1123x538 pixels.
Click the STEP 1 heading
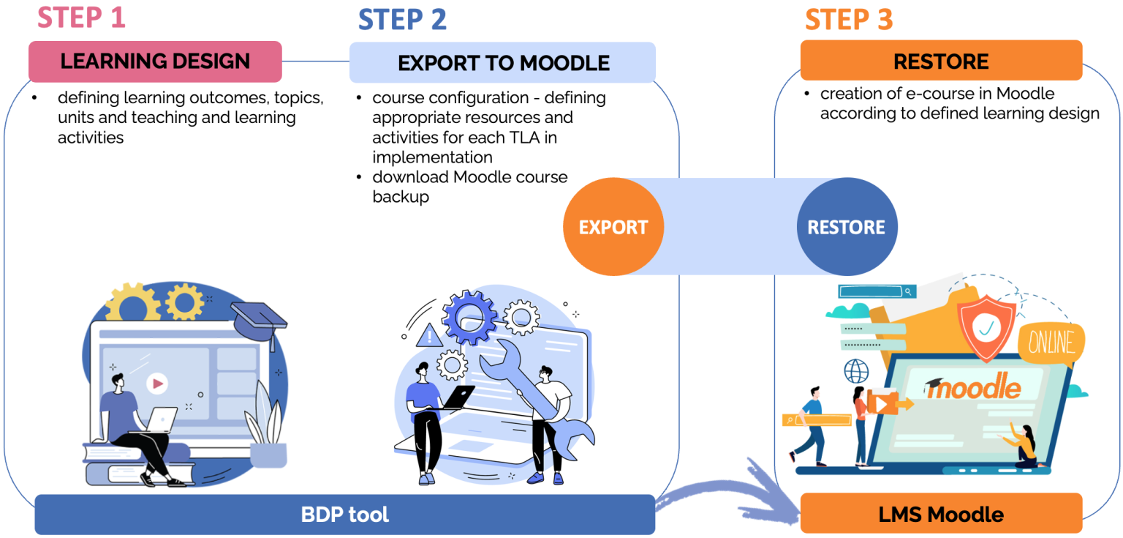(81, 18)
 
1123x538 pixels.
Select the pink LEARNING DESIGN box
(155, 61)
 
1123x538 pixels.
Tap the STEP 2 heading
(402, 19)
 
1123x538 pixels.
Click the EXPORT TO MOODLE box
(503, 63)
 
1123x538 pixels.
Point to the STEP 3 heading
(849, 19)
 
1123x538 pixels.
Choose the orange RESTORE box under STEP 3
(941, 61)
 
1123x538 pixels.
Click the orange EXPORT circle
(613, 227)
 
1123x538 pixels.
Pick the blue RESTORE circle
(846, 227)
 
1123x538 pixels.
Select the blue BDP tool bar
(344, 515)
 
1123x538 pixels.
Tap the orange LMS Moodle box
(941, 514)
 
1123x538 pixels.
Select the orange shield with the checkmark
(986, 327)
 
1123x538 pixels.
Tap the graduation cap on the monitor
(260, 322)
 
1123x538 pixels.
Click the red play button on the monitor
(156, 383)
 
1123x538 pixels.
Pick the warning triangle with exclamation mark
(429, 336)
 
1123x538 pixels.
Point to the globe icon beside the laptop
(856, 371)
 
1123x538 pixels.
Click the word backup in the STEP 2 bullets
(401, 197)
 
